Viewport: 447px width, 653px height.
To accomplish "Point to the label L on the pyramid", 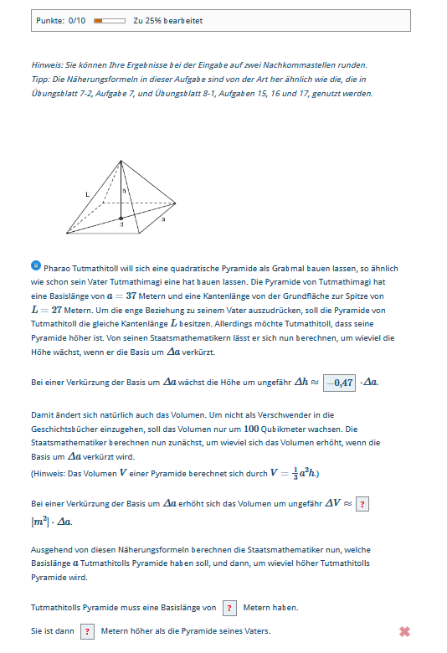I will click(x=87, y=194).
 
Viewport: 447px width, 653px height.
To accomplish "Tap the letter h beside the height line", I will click(x=125, y=191).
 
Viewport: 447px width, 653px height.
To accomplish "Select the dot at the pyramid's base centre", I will click(x=121, y=218).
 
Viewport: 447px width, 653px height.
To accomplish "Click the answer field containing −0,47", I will click(x=340, y=383).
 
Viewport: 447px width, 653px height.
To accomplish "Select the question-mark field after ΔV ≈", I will click(x=362, y=504).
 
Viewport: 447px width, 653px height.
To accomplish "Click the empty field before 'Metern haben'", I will click(x=230, y=608).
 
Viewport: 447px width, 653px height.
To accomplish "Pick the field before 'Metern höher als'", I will click(x=88, y=631).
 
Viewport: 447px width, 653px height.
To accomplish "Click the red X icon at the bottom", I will click(x=404, y=632).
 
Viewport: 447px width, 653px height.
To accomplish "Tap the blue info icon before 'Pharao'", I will click(x=35, y=266).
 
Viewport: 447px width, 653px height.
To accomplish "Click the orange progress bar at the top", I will click(x=109, y=20).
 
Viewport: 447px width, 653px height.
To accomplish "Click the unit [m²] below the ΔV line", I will click(x=40, y=522).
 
